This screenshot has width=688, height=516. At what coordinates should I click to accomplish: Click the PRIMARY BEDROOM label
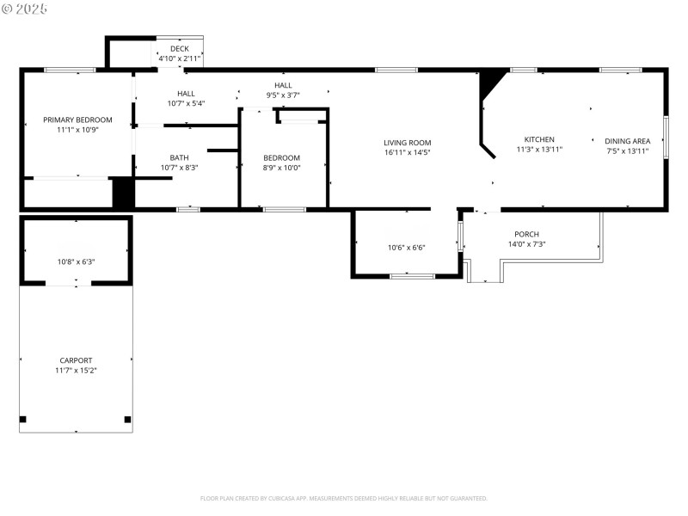click(77, 120)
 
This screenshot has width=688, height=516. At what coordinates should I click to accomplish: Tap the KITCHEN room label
click(539, 139)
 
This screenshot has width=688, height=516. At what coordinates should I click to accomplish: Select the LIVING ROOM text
click(407, 143)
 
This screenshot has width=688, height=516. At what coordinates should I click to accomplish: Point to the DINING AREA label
click(627, 140)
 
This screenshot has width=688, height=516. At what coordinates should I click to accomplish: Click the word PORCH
click(526, 234)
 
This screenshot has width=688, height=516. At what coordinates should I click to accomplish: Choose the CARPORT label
click(76, 360)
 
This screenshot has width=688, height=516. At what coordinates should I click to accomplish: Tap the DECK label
click(179, 49)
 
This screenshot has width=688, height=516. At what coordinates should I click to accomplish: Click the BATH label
click(179, 157)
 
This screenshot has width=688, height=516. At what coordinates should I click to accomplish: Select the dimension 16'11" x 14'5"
click(407, 152)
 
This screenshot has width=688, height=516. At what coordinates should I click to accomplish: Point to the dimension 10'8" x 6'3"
click(76, 261)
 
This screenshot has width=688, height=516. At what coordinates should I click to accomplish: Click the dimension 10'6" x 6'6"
click(406, 248)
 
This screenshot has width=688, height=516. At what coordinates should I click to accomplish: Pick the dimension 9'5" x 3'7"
click(283, 95)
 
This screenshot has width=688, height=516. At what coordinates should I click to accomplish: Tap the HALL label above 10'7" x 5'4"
click(186, 94)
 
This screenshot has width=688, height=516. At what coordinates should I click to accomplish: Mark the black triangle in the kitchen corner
click(490, 83)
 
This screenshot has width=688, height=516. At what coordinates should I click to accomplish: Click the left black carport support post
click(23, 420)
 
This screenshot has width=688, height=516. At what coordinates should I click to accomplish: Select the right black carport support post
click(127, 420)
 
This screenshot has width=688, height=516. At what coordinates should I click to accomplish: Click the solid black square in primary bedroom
click(123, 192)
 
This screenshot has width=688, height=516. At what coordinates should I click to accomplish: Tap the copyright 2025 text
click(25, 9)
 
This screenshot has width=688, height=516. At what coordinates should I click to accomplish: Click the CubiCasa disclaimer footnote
click(344, 498)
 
